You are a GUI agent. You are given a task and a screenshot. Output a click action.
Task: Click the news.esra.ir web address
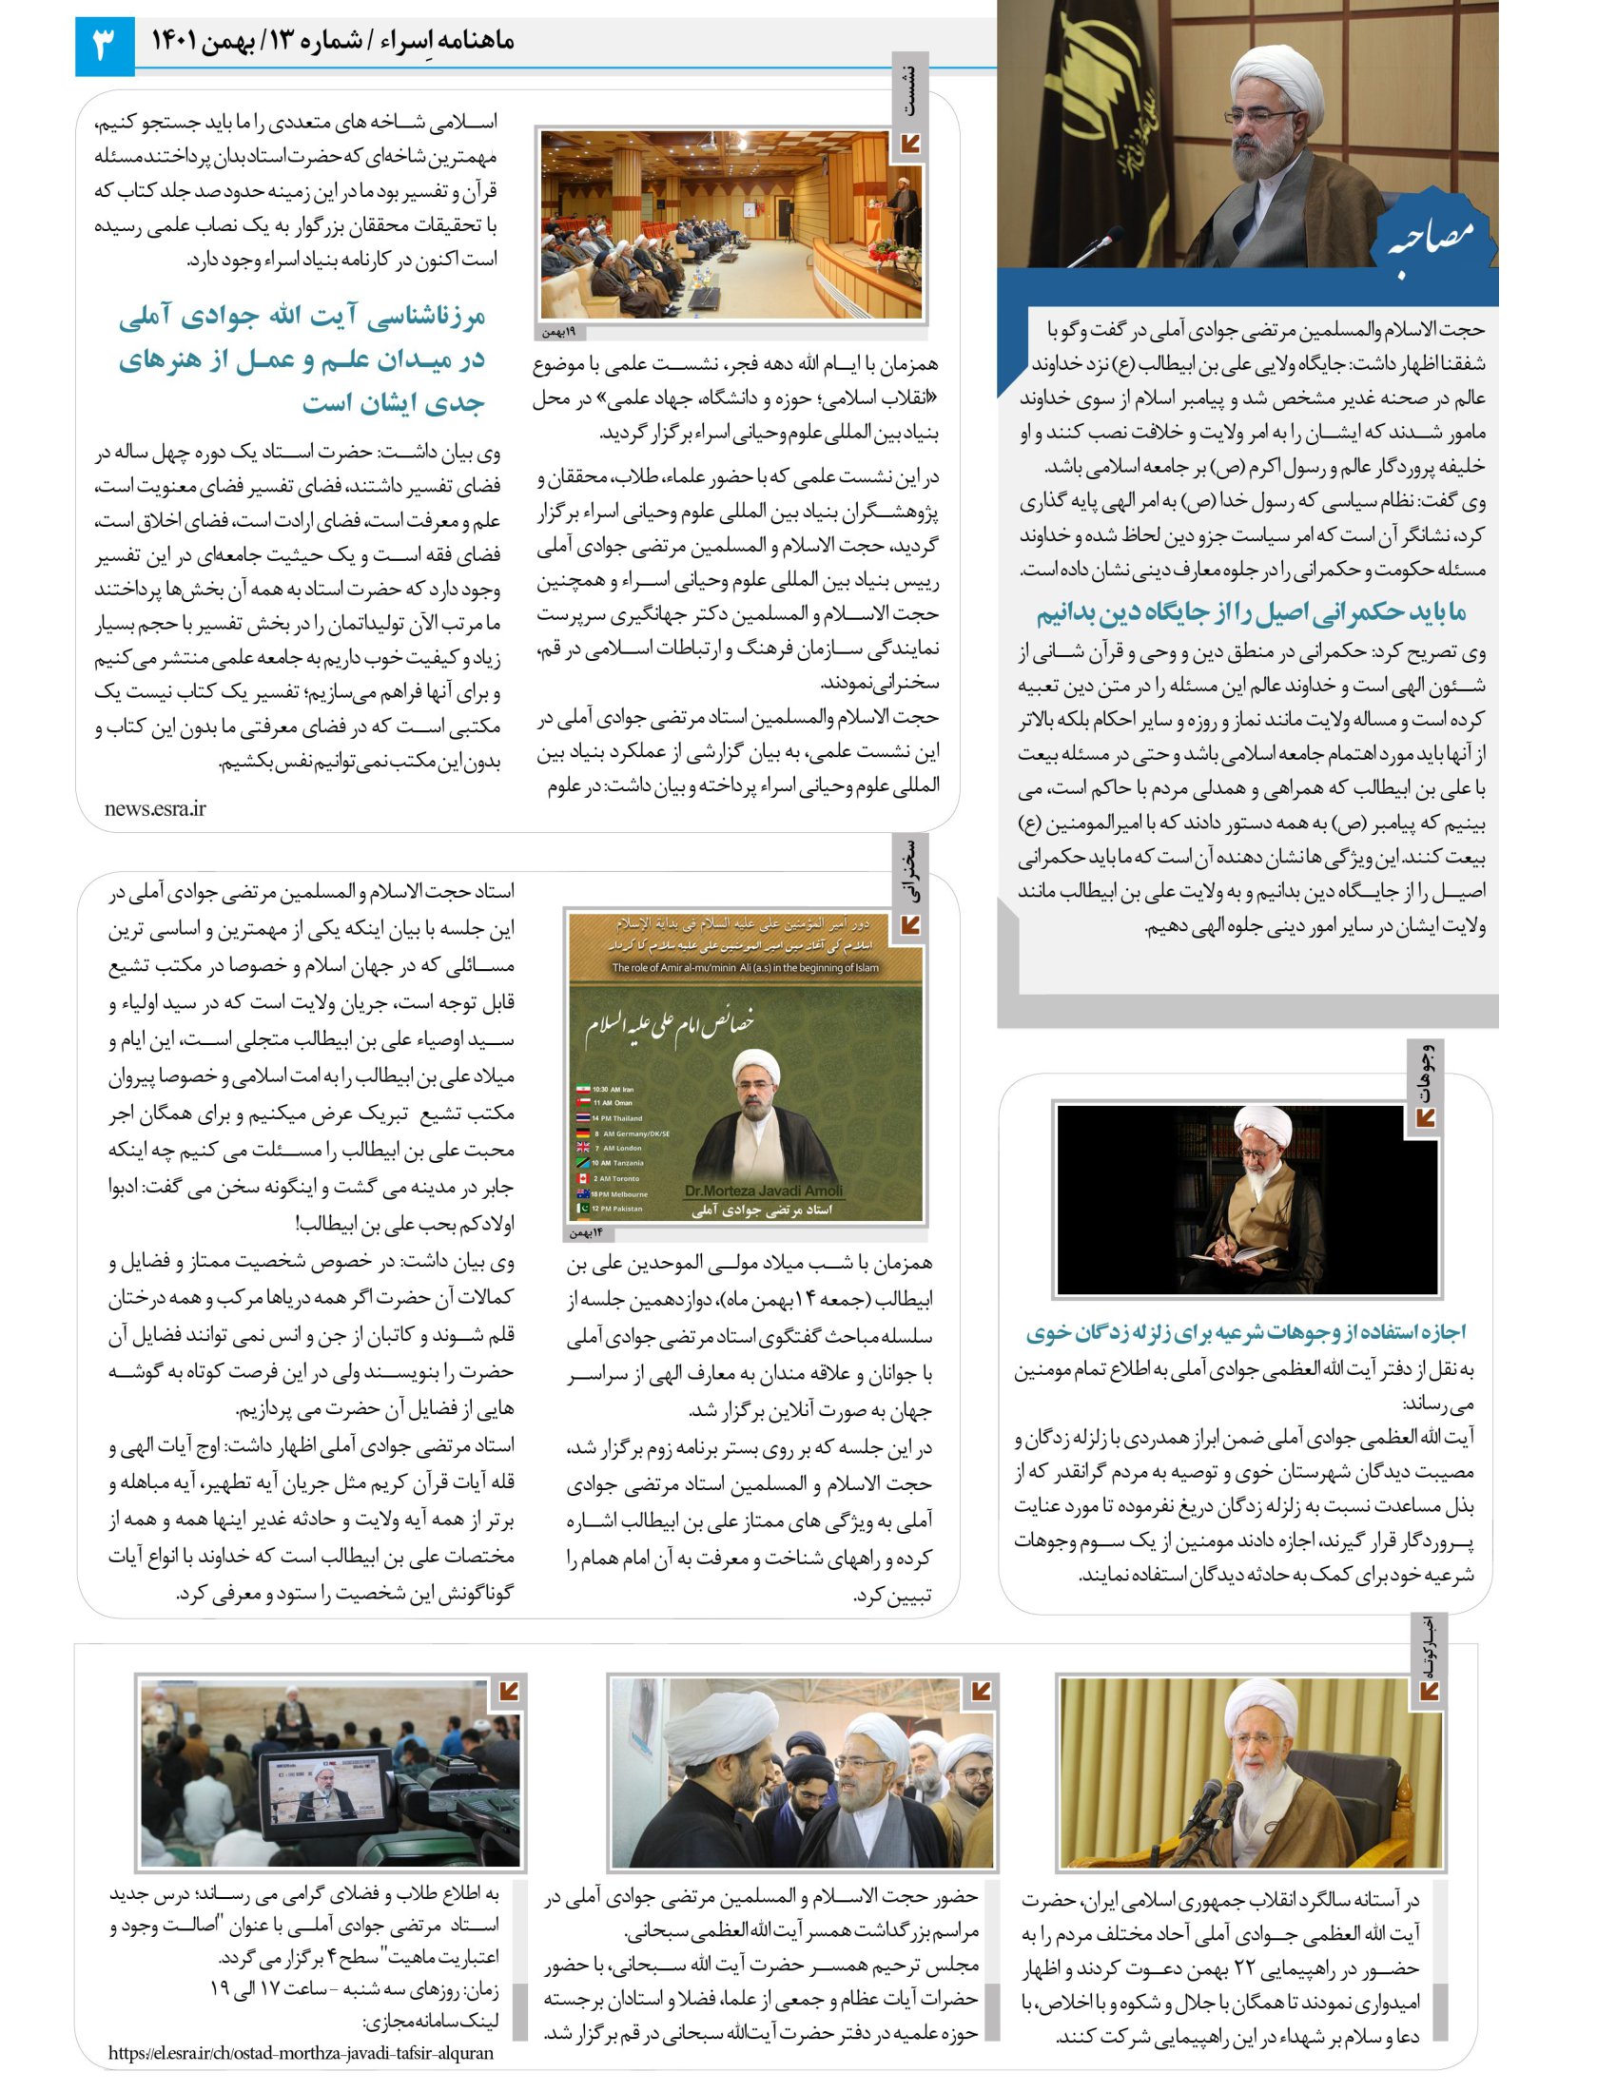pyautogui.click(x=155, y=808)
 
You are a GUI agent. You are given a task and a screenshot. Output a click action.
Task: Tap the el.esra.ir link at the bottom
pyautogui.click(x=301, y=2052)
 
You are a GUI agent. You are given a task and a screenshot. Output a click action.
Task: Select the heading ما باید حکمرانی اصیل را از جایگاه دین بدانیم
pyautogui.click(x=1251, y=611)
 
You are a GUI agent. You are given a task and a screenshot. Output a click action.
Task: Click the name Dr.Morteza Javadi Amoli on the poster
pyautogui.click(x=764, y=1191)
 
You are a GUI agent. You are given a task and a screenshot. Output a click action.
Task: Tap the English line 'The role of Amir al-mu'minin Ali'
pyautogui.click(x=746, y=967)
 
